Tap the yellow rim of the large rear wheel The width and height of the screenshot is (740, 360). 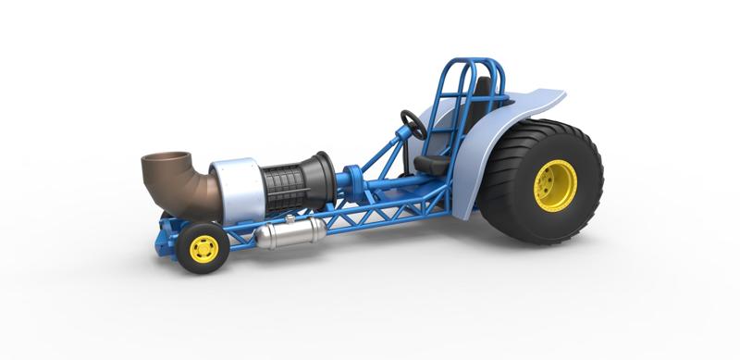[x=555, y=185]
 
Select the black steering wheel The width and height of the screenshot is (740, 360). [x=413, y=124]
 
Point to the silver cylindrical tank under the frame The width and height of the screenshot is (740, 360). [x=288, y=234]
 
